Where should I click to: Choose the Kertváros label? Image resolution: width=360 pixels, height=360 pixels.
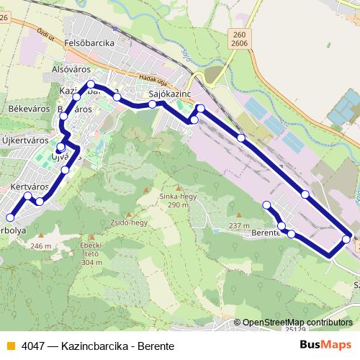point(30,186)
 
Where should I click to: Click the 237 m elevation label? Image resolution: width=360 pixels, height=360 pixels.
point(239,226)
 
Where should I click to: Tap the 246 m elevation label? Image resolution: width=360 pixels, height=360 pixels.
point(42,246)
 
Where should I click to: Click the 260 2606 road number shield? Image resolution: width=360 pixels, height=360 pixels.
point(239,38)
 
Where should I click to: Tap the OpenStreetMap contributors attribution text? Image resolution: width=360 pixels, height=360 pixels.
point(297,322)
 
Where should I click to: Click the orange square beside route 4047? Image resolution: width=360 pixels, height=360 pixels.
point(10,346)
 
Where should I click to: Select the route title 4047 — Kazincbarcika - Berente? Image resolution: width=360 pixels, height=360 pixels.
point(97,346)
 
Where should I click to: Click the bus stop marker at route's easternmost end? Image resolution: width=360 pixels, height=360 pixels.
point(347,239)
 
